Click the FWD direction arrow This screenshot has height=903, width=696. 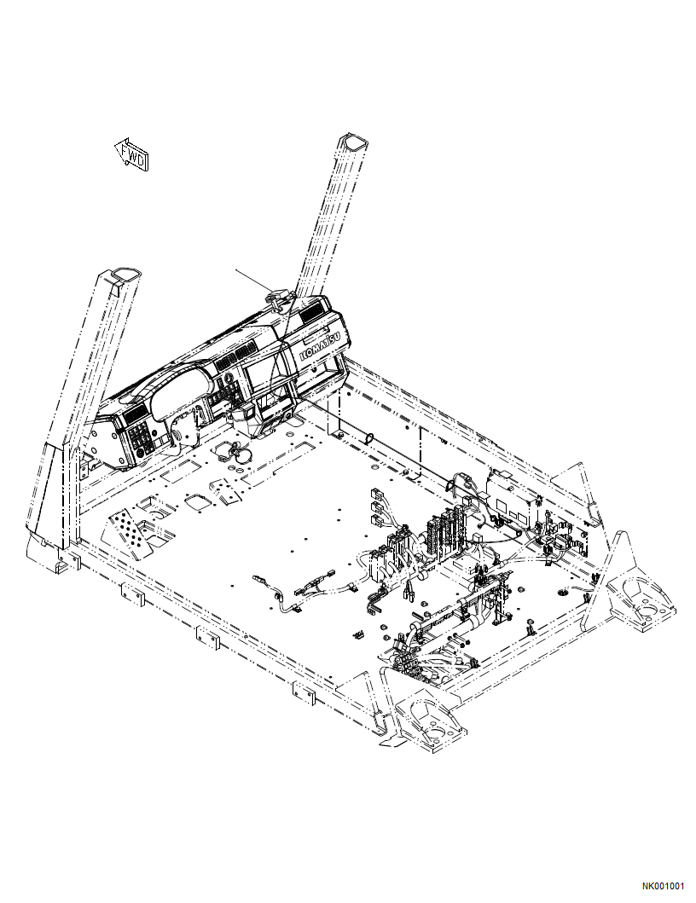(131, 154)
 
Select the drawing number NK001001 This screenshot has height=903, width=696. (663, 886)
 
